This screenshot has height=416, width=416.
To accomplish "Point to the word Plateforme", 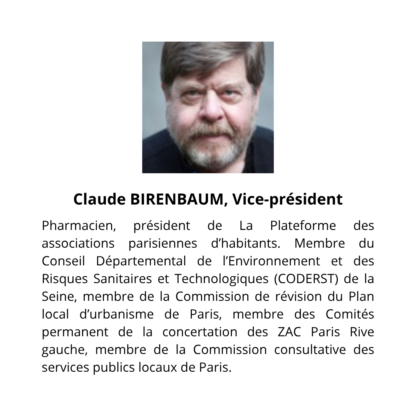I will [x=303, y=225].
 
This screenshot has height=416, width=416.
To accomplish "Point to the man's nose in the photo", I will [x=211, y=112].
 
